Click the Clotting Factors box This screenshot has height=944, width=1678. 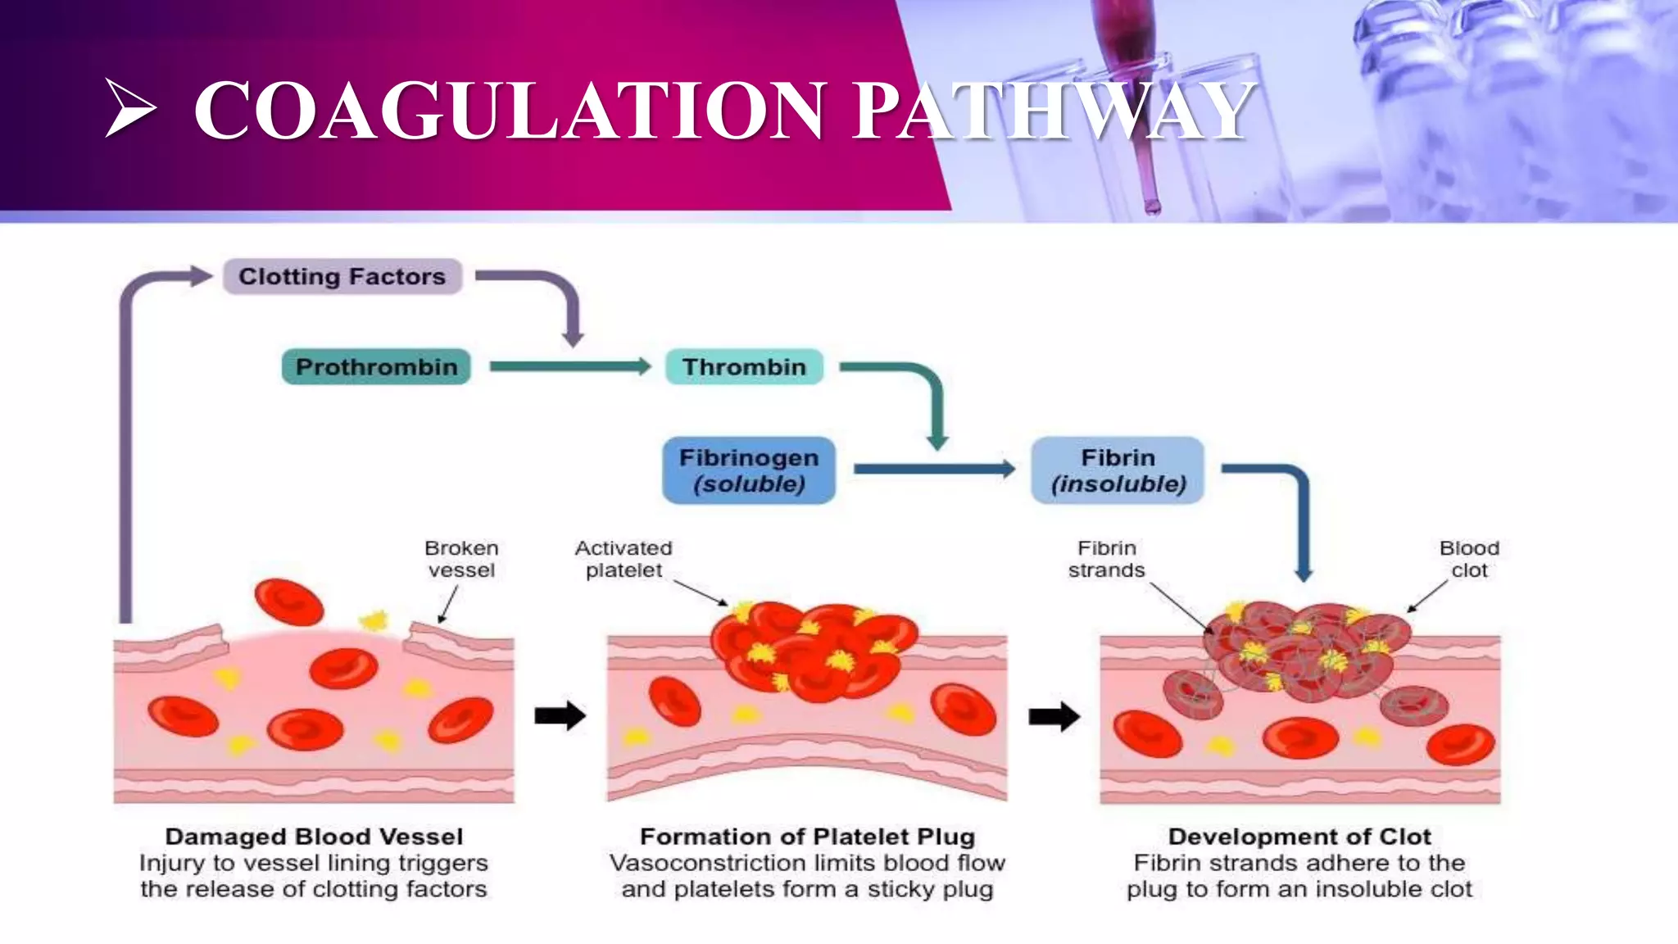[342, 277]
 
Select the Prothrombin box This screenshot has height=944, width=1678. [376, 367]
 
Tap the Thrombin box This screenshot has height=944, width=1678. [744, 367]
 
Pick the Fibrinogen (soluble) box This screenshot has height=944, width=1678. [749, 470]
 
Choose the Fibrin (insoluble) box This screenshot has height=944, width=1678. [1118, 470]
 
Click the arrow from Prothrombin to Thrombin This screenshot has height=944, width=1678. [569, 367]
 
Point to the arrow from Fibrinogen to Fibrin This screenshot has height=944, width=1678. [934, 470]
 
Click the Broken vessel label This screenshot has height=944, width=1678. [461, 559]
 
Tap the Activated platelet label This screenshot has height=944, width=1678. [624, 559]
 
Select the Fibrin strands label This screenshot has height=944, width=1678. [1106, 559]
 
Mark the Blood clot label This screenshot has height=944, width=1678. [1469, 559]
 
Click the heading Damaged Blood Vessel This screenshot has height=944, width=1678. [314, 837]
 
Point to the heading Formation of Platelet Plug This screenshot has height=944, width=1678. [807, 837]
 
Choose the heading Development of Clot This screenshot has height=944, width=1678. [1299, 837]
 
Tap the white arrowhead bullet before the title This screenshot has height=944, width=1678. [130, 108]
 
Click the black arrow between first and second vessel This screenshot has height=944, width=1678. [560, 715]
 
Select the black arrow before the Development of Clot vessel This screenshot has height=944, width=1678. [1054, 717]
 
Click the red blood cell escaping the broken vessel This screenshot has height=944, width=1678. [288, 602]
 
